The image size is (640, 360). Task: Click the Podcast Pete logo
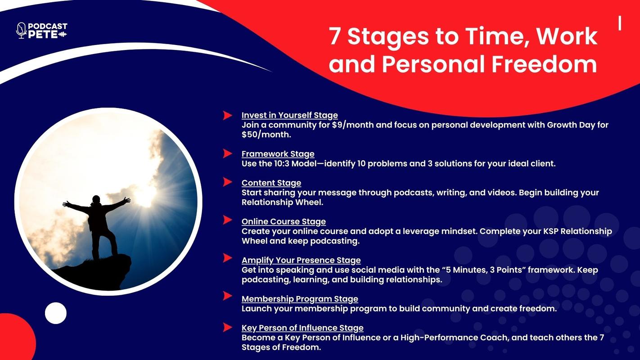pos(42,31)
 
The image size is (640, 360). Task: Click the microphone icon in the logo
pos(21,31)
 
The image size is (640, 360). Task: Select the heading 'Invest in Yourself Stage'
pos(290,115)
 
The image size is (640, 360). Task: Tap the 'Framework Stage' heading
pos(278,154)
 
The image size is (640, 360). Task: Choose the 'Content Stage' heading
pos(271,183)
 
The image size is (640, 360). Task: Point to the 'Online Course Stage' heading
pos(284,221)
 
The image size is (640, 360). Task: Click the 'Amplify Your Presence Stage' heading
pos(301,260)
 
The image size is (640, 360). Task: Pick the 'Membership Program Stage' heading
pos(300,299)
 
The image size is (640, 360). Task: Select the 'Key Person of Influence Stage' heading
pos(302,328)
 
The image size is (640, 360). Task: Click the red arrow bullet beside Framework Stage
pos(227,154)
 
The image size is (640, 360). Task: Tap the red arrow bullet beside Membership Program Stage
pos(227,296)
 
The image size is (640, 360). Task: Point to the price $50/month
pos(266,135)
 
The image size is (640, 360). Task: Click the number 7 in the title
pos(335,36)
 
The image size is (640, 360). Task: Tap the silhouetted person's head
pos(96,199)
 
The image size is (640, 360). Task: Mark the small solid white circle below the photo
pos(56,313)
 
